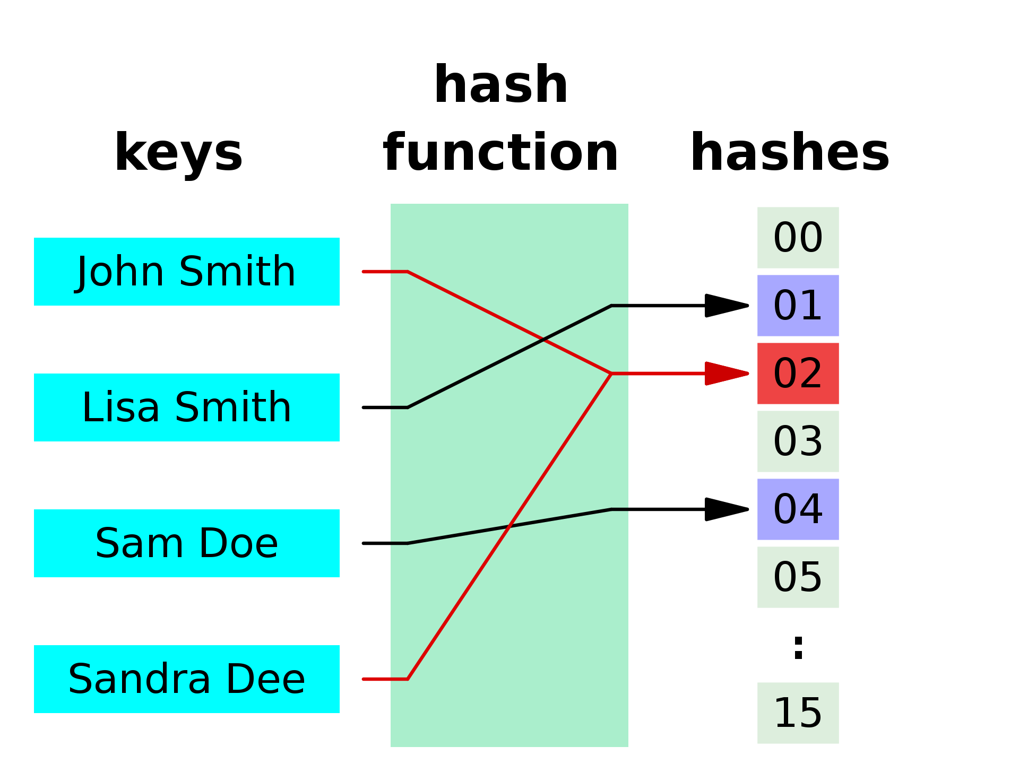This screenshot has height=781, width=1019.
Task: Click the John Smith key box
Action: point(187,272)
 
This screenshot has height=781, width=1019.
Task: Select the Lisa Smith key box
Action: point(187,407)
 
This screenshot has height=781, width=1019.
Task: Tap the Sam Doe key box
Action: point(187,543)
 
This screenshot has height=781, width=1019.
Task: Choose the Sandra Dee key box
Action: point(187,679)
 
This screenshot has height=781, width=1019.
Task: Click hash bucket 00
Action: point(798,238)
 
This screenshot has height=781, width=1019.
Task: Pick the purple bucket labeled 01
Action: point(798,306)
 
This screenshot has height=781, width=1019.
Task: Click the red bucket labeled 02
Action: point(798,374)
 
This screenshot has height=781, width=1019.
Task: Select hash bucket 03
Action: point(798,441)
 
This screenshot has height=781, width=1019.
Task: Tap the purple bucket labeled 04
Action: point(798,509)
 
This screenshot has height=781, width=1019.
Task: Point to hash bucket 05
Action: point(798,577)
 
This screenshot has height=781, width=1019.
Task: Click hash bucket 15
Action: point(798,713)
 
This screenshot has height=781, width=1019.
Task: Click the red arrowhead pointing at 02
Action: point(724,374)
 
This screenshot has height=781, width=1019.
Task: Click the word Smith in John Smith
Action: point(237,272)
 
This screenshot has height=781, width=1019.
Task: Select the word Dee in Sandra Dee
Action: point(265,679)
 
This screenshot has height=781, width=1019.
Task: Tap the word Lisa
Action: point(120,407)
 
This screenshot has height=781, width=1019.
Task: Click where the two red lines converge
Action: point(611,374)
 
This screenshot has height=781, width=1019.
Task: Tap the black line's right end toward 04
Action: point(621,509)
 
